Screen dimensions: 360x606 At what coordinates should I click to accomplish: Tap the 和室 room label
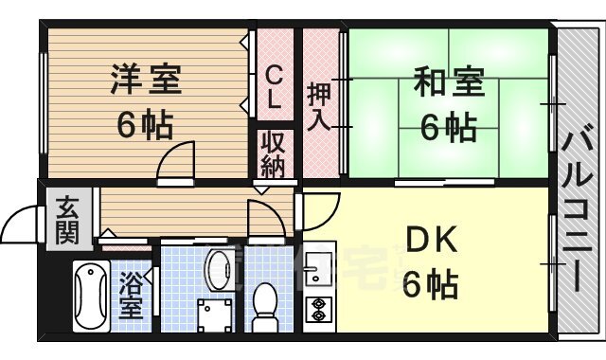447,82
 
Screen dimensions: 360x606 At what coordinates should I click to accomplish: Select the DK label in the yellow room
433,241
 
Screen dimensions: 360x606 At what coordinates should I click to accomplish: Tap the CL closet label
273,86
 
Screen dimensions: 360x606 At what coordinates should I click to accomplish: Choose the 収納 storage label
273,155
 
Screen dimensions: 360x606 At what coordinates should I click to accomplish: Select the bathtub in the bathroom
91,296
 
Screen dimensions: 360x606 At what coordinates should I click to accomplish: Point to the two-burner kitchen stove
316,309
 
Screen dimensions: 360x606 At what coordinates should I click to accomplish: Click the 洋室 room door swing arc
176,161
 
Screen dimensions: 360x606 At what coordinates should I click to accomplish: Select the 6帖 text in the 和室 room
447,128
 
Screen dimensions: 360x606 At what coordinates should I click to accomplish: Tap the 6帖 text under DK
431,283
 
